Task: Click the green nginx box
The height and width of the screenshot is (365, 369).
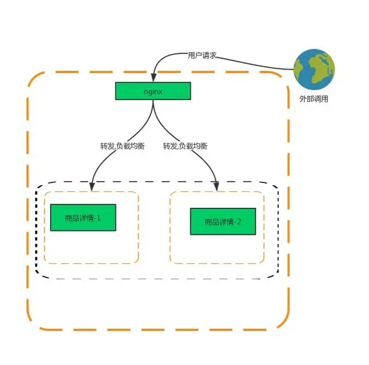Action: [x=153, y=91]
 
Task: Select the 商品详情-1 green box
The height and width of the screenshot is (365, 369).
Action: [x=83, y=218]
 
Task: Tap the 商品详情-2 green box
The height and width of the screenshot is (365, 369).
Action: [x=223, y=222]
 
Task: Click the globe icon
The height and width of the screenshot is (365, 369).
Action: [x=314, y=69]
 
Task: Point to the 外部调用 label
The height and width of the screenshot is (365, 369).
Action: [x=314, y=98]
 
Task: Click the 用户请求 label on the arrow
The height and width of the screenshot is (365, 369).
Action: [x=202, y=55]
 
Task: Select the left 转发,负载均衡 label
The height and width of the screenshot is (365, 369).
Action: [x=122, y=146]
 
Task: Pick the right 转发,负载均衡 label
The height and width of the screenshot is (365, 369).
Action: [x=185, y=146]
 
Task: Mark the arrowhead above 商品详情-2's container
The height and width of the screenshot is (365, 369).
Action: [x=216, y=186]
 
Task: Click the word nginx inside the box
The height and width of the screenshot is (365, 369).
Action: [x=153, y=91]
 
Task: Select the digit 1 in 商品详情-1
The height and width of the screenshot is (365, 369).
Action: [x=99, y=218]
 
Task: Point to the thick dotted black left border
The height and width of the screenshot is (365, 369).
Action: [x=36, y=230]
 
